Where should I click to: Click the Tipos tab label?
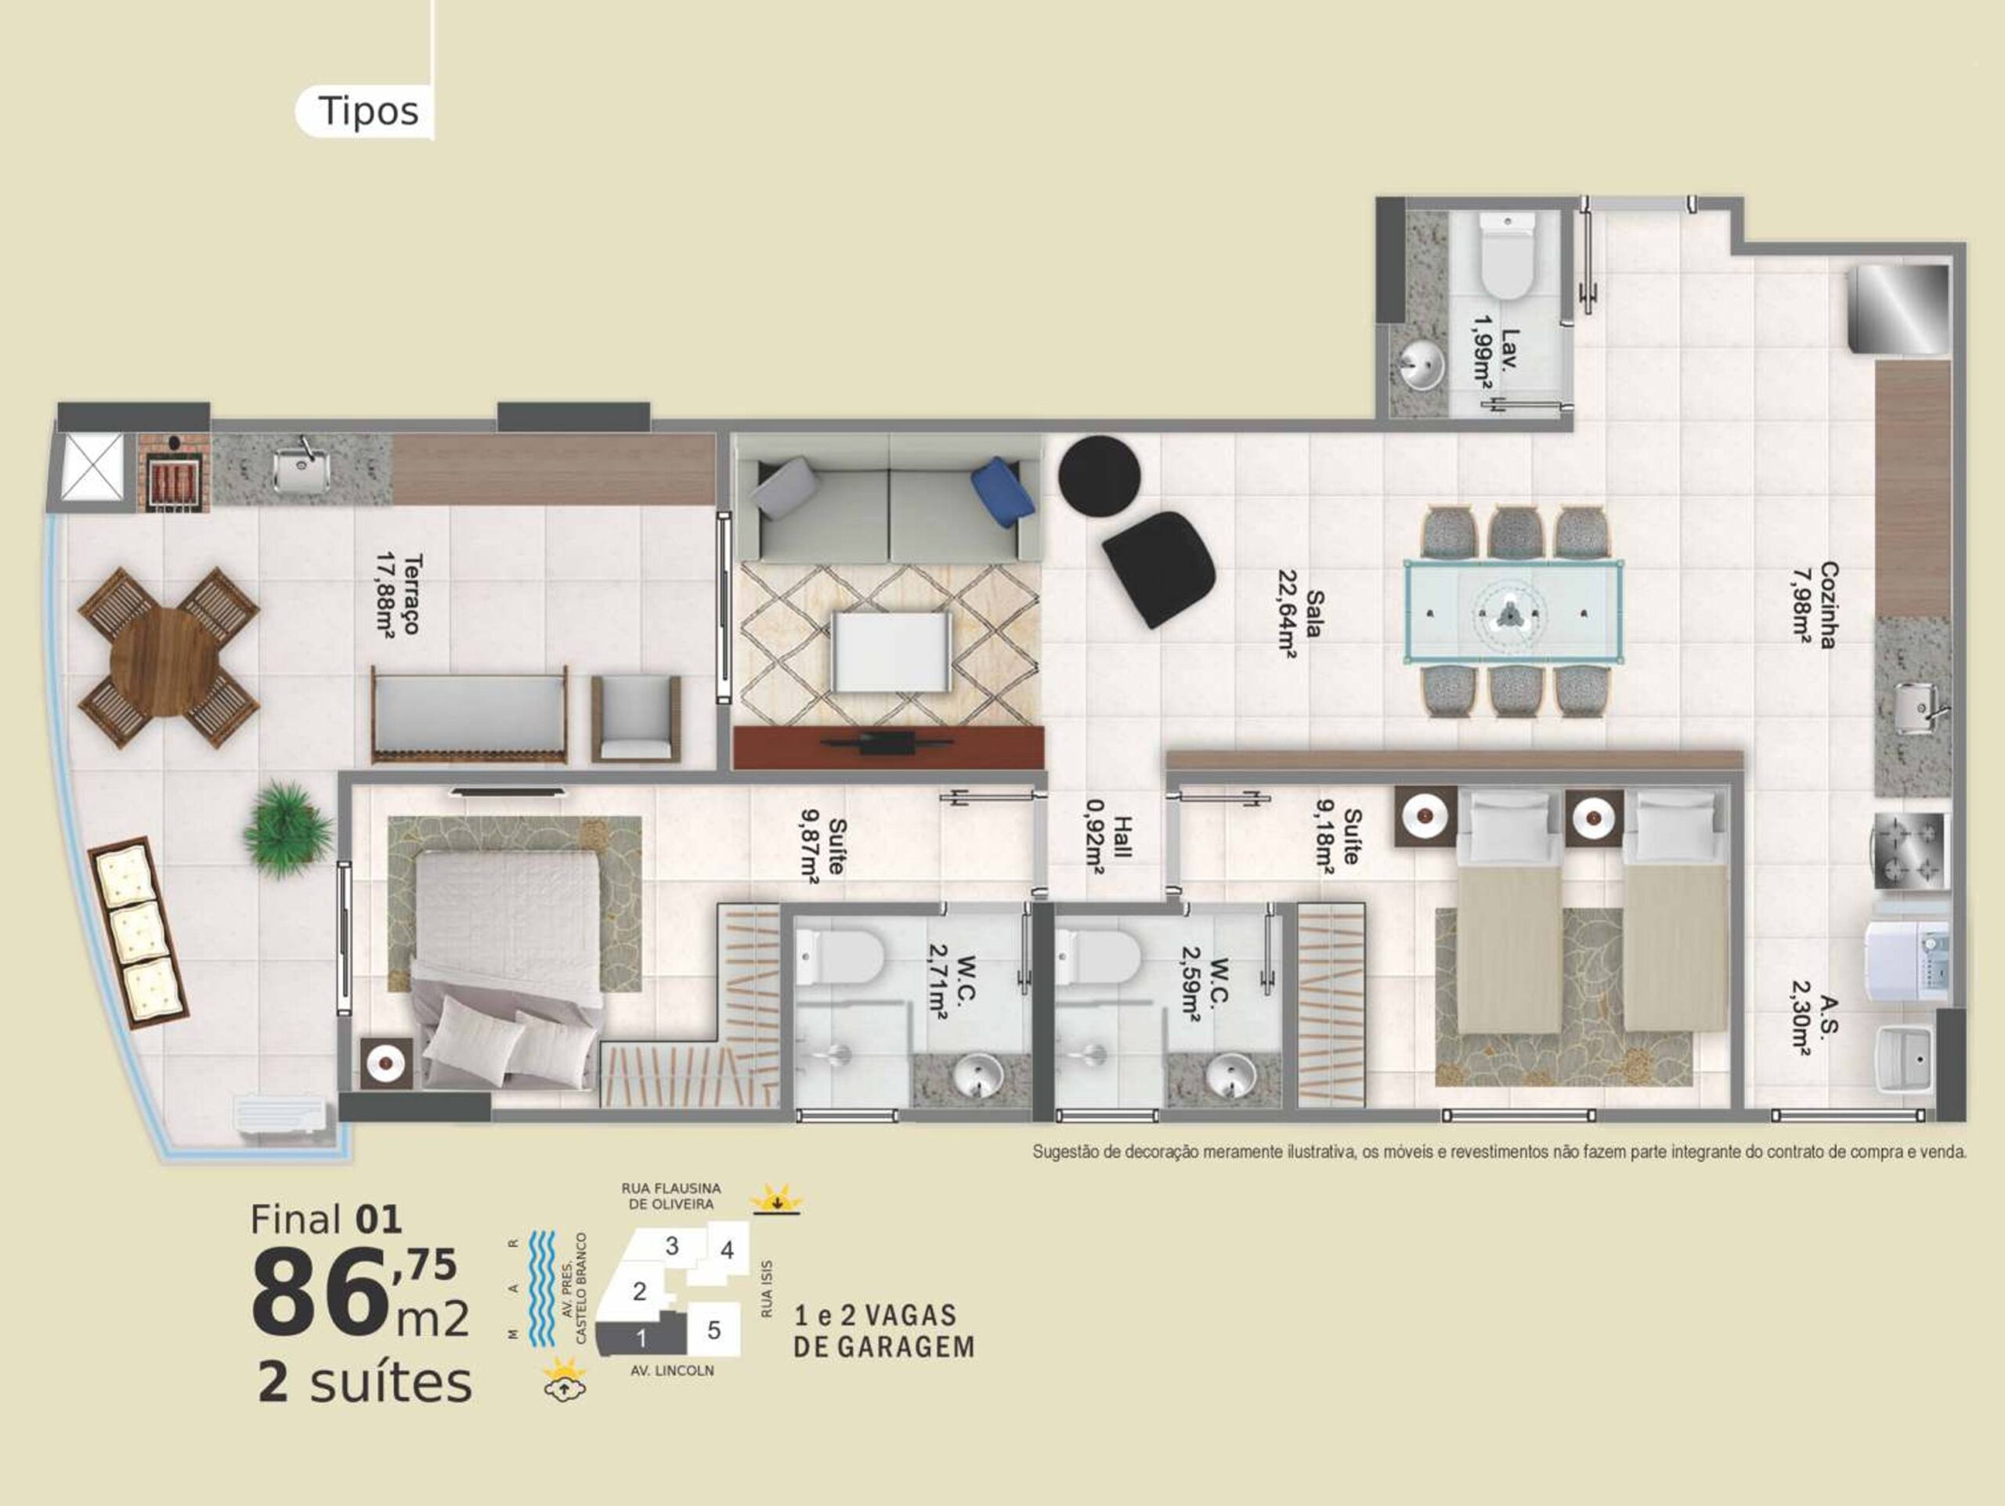(368, 111)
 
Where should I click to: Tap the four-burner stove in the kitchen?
(1907, 850)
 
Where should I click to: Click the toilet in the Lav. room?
(1506, 255)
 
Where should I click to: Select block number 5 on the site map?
(714, 1331)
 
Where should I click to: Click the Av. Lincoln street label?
(673, 1371)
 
